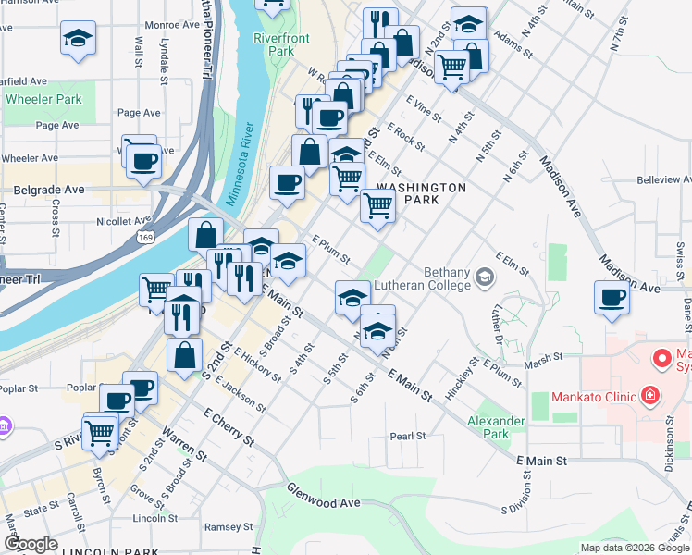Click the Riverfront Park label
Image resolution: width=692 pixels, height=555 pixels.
(x=281, y=44)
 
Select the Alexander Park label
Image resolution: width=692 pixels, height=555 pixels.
(x=496, y=426)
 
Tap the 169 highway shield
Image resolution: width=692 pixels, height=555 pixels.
(x=173, y=239)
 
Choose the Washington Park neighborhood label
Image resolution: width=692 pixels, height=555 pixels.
(x=421, y=193)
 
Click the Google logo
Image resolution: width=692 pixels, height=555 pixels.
(x=31, y=544)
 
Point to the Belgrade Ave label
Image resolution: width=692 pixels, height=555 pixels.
(x=48, y=189)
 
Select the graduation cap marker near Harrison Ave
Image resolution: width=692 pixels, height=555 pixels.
(x=77, y=39)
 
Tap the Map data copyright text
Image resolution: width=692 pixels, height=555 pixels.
(x=634, y=547)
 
